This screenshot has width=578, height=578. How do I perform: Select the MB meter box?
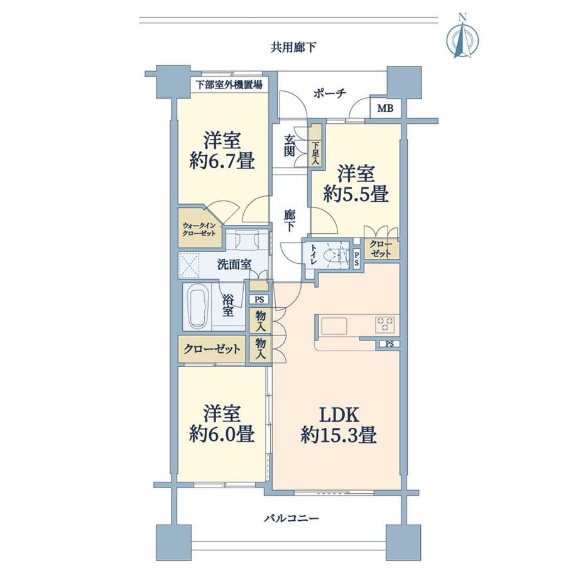[385, 108]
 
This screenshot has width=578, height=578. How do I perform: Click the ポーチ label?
[330, 94]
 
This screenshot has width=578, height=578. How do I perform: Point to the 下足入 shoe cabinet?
[316, 145]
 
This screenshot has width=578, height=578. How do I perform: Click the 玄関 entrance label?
[290, 146]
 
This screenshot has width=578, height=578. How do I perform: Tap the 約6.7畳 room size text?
[222, 161]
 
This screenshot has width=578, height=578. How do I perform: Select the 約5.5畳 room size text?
[356, 194]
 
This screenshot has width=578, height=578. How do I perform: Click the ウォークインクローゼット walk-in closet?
[199, 228]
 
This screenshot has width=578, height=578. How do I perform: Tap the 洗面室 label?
[234, 264]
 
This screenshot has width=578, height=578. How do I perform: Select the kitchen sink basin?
[334, 326]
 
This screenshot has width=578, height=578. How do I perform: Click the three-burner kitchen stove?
[385, 324]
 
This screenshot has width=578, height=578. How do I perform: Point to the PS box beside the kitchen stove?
[390, 344]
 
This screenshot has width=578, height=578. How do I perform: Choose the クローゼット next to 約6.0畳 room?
[212, 349]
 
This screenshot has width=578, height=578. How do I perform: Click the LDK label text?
[339, 415]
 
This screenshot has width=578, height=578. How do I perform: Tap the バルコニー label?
[292, 519]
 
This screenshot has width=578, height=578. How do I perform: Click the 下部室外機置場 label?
[229, 85]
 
